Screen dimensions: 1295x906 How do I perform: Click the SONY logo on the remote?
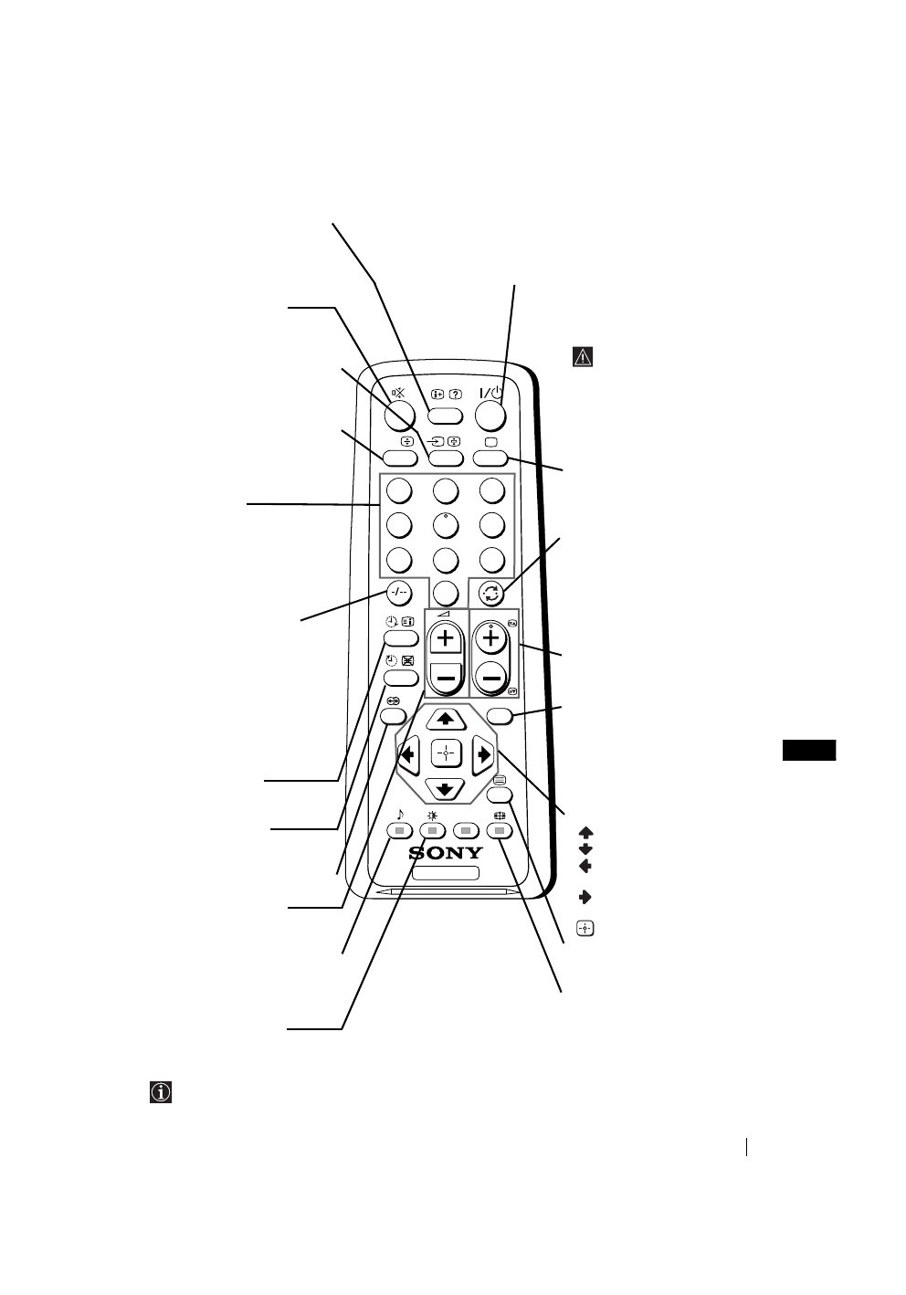coord(446,853)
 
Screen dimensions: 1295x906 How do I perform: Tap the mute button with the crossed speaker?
coord(399,416)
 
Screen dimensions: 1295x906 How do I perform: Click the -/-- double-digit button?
coord(398,591)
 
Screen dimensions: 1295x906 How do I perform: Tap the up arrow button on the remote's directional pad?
coord(446,719)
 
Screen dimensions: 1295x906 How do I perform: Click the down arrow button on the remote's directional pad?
coord(446,788)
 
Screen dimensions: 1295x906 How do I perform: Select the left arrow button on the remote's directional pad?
coord(406,754)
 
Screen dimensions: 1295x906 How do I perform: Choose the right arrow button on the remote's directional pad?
coord(484,754)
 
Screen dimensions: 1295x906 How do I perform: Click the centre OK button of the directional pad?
coord(446,753)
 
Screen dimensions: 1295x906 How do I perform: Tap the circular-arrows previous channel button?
coord(492,590)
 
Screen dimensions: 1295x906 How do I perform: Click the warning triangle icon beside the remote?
coord(584,357)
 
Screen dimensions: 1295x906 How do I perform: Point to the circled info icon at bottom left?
coord(162,1091)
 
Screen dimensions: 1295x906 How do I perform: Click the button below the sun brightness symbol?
coord(434,830)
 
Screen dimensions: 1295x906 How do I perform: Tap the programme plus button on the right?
coord(491,639)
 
